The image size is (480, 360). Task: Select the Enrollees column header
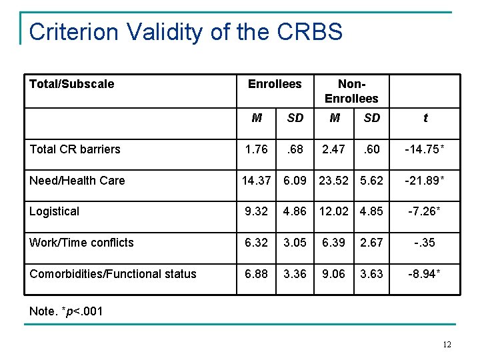[275, 84]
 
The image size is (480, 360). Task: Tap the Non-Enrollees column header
[351, 91]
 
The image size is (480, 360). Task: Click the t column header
[425, 118]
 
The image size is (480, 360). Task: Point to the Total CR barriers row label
[75, 149]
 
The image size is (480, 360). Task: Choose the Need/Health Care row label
[77, 181]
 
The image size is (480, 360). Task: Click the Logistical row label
[54, 211]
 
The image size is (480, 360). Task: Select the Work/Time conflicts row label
[81, 243]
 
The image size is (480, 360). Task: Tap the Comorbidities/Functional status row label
[113, 274]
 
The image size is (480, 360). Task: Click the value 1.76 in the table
[257, 149]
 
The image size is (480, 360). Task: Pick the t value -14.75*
[425, 149]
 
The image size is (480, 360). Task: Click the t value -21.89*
[425, 181]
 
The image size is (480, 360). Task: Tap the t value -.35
[425, 243]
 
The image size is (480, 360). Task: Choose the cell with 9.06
[333, 274]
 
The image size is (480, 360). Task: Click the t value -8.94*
[425, 274]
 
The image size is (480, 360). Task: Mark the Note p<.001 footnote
[66, 311]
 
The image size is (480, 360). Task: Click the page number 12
[446, 344]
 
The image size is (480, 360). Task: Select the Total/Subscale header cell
[71, 84]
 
